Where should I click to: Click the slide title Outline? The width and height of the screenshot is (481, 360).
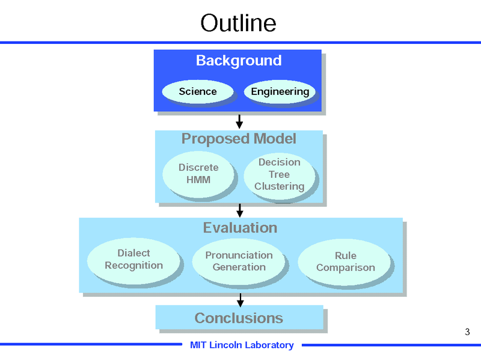238,23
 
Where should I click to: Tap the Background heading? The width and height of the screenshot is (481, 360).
239,61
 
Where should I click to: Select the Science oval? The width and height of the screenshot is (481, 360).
198,91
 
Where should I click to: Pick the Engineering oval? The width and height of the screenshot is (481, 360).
280,91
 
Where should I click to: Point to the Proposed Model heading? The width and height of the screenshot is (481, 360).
239,139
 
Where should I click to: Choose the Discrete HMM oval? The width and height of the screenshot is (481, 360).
198,174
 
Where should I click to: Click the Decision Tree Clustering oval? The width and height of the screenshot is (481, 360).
279,174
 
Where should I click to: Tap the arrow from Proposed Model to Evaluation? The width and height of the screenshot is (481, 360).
239,210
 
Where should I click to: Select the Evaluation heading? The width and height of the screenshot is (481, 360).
240,228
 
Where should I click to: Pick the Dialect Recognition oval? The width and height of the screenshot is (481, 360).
133,260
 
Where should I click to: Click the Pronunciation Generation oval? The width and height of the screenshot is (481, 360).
239,261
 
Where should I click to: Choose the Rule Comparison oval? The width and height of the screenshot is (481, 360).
345,262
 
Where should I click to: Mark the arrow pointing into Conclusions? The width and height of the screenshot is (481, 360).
240,299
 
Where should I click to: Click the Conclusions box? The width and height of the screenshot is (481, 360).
239,318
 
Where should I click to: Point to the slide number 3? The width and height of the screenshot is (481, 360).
467,331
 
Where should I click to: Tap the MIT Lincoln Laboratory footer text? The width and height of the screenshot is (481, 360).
242,345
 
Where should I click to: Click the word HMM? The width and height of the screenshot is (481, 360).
198,180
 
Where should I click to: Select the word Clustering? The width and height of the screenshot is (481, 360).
279,186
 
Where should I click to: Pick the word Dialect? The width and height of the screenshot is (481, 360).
133,253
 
